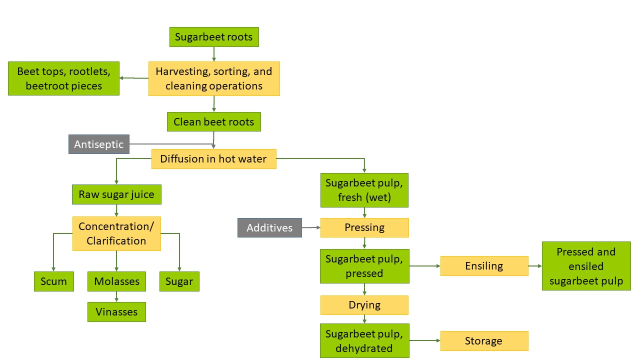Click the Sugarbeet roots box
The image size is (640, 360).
click(214, 37)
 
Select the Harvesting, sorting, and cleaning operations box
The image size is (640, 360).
click(214, 78)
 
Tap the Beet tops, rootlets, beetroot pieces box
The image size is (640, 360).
click(63, 78)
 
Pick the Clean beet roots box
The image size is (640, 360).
click(214, 122)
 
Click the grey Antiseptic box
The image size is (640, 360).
click(99, 144)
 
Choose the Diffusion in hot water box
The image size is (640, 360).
click(213, 159)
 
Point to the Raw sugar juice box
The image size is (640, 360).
click(116, 194)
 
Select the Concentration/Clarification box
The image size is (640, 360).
click(116, 233)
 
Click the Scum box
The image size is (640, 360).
click(53, 281)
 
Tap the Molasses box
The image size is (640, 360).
click(116, 281)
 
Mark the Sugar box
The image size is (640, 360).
click(179, 281)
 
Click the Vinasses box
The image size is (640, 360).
click(116, 312)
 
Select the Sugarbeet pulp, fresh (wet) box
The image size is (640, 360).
click(364, 190)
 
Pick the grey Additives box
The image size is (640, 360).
click(269, 227)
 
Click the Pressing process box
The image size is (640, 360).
click(364, 227)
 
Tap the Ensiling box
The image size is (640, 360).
click(484, 266)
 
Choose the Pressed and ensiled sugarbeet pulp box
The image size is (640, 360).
click(586, 266)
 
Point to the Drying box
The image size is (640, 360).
click(364, 305)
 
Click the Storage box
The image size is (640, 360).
click(484, 341)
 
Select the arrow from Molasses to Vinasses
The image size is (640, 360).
click(116, 296)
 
